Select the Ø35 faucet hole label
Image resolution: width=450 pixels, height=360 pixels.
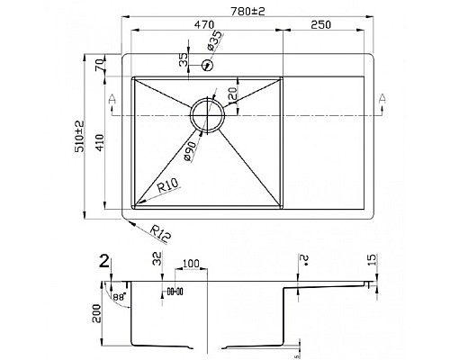pyautogui.click(x=215, y=41)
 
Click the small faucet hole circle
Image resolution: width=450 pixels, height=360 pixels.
pyautogui.click(x=208, y=65)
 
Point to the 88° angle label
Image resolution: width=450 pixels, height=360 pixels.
pyautogui.click(x=119, y=295)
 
